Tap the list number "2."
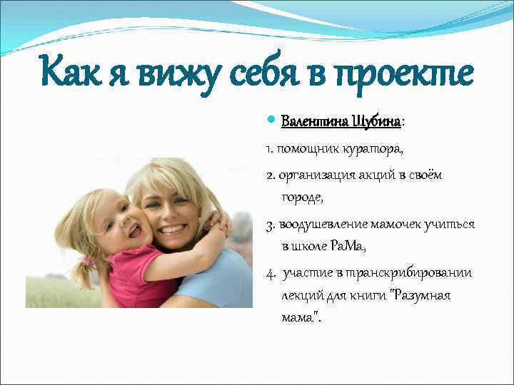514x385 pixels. point(270,175)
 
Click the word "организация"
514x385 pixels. point(312,175)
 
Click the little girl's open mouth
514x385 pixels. point(133,231)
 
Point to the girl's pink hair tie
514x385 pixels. point(88,261)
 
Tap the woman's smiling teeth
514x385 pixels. point(172,230)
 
